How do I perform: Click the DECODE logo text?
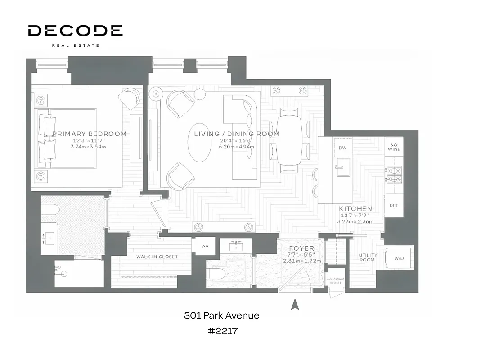tap(75, 31)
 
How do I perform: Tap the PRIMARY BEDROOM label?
tap(89, 134)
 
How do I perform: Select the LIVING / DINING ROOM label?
tap(236, 134)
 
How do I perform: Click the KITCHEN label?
tap(355, 209)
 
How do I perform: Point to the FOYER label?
tap(301, 248)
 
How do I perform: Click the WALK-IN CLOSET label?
tap(157, 256)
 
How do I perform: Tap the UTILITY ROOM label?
tap(367, 257)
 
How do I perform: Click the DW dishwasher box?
tap(342, 148)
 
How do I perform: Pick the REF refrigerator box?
tap(394, 206)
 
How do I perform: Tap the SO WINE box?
tap(394, 146)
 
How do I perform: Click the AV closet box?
tap(205, 246)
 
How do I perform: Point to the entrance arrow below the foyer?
tap(295, 305)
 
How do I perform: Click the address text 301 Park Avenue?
tap(221, 315)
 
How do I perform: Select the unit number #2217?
tap(222, 331)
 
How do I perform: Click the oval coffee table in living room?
tap(199, 148)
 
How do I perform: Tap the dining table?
tap(289, 140)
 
